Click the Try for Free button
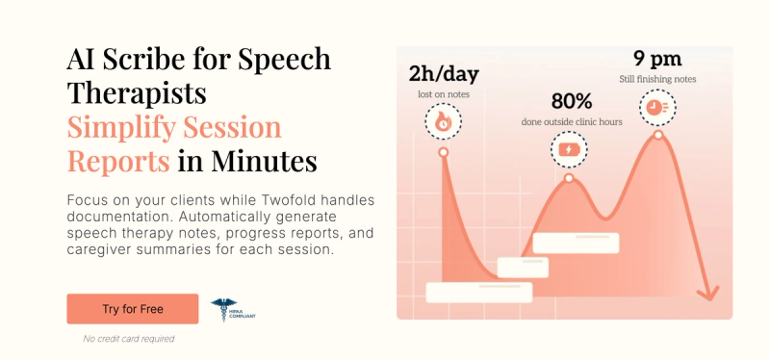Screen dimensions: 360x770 click(x=133, y=309)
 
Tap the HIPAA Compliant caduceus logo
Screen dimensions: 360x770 click(x=222, y=309)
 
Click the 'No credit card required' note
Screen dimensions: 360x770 click(x=128, y=339)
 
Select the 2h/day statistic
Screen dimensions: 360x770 click(x=443, y=74)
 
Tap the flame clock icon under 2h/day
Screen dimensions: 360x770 click(x=443, y=121)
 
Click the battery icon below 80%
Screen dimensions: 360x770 click(x=569, y=149)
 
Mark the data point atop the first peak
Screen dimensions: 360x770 click(x=443, y=152)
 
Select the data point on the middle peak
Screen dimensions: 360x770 click(x=569, y=179)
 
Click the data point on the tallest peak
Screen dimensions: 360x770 click(x=658, y=135)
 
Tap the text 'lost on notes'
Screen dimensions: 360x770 click(x=443, y=93)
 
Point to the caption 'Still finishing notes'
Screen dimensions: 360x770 click(x=659, y=79)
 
